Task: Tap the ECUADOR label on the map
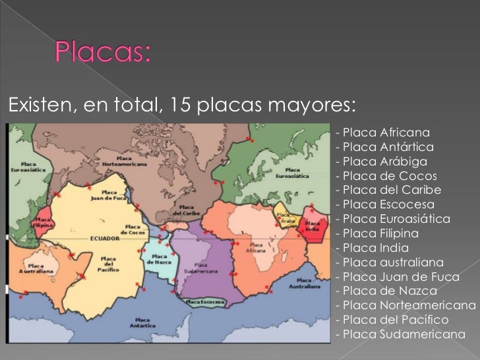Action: [105, 238]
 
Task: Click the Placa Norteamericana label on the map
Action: [123, 161]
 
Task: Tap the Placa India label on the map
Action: [312, 226]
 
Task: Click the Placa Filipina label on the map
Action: [44, 221]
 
